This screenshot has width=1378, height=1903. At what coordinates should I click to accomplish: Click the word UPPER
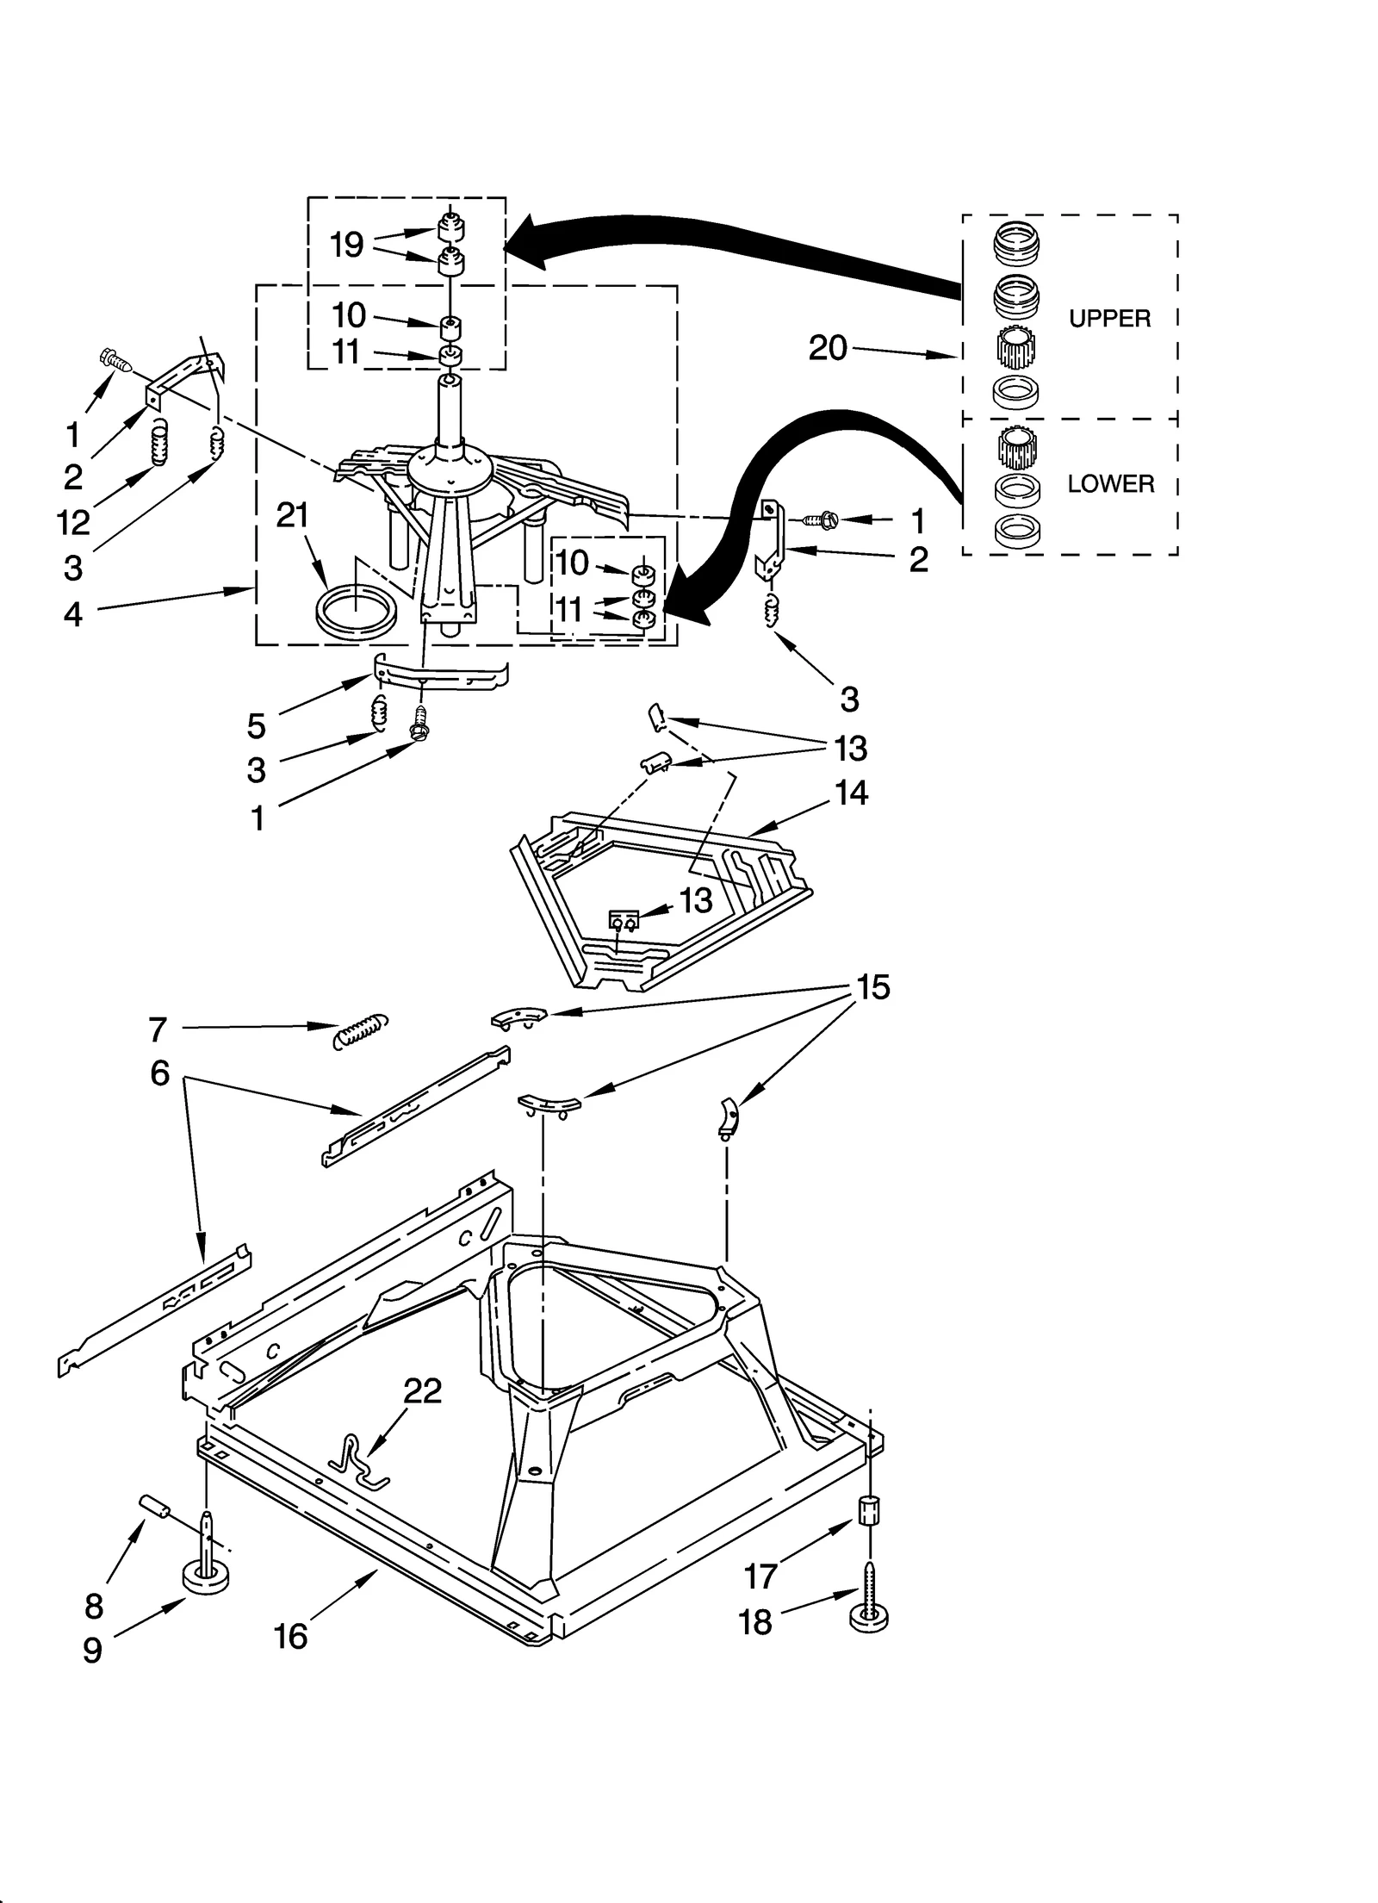pyautogui.click(x=1108, y=319)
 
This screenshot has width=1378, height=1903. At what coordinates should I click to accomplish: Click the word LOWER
pyautogui.click(x=1109, y=484)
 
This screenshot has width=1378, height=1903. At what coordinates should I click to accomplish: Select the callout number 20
pyautogui.click(x=828, y=348)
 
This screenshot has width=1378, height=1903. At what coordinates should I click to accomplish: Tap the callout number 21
pyautogui.click(x=292, y=515)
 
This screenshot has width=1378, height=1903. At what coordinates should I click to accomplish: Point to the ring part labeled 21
pyautogui.click(x=357, y=613)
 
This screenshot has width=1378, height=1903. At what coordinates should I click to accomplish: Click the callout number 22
pyautogui.click(x=422, y=1390)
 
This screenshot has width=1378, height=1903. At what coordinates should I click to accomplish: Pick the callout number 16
pyautogui.click(x=290, y=1636)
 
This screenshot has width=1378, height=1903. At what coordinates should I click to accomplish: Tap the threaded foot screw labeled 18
pyautogui.click(x=869, y=1604)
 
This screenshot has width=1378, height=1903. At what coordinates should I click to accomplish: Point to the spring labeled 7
pyautogui.click(x=359, y=1029)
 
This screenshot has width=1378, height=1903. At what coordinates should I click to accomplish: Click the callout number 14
pyautogui.click(x=850, y=793)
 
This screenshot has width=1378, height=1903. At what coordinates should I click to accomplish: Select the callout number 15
pyautogui.click(x=872, y=987)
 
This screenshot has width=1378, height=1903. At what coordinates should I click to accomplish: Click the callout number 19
pyautogui.click(x=347, y=246)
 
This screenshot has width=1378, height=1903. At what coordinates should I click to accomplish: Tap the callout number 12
pyautogui.click(x=73, y=522)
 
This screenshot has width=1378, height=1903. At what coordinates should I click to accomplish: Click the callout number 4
pyautogui.click(x=73, y=614)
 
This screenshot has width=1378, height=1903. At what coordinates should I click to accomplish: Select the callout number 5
pyautogui.click(x=256, y=726)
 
